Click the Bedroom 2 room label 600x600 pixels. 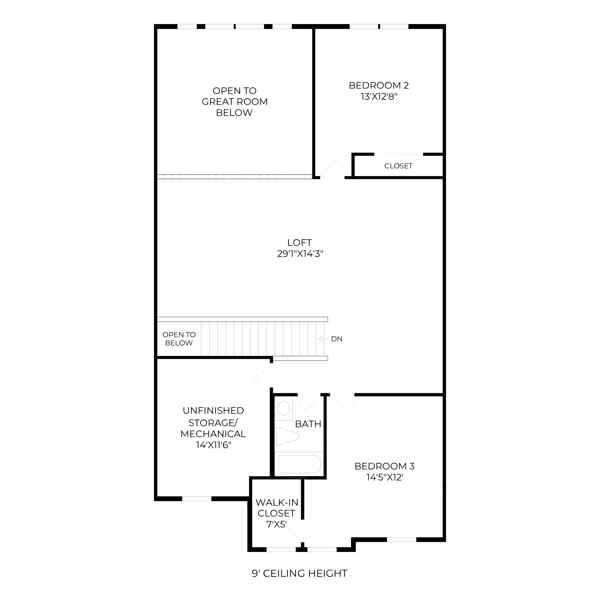[x=379, y=86]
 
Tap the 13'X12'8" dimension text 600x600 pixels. [x=379, y=97]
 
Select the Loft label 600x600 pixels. [x=299, y=243]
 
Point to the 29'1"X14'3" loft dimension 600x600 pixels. [x=300, y=254]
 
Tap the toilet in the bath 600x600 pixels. [x=287, y=436]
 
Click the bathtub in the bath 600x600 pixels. [x=299, y=464]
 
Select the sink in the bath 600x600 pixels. [x=283, y=408]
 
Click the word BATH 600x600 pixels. [x=308, y=424]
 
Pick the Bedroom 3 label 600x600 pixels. [x=384, y=466]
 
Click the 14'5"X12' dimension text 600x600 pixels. [x=385, y=477]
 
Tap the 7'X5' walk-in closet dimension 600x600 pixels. [x=276, y=524]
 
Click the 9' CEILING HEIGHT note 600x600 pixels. [x=300, y=573]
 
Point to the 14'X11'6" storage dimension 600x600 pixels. [x=214, y=445]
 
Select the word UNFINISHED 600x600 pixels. [x=213, y=410]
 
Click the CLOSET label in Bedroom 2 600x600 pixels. [x=398, y=166]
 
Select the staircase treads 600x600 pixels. [x=262, y=339]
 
